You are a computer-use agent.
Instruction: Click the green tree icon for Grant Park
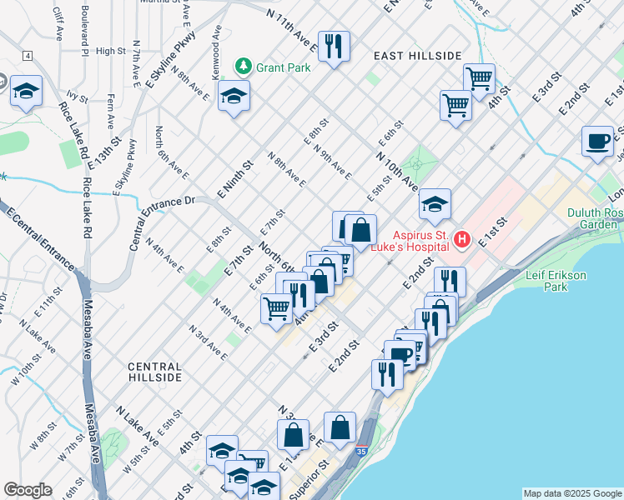point(243,65)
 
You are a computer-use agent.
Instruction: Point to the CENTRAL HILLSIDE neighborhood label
point(154,372)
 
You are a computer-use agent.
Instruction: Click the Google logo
point(28,490)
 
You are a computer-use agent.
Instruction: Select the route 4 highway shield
point(28,56)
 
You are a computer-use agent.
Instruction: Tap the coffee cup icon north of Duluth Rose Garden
point(597,142)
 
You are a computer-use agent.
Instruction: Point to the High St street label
point(110,51)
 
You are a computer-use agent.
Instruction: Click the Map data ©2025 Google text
point(571,493)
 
